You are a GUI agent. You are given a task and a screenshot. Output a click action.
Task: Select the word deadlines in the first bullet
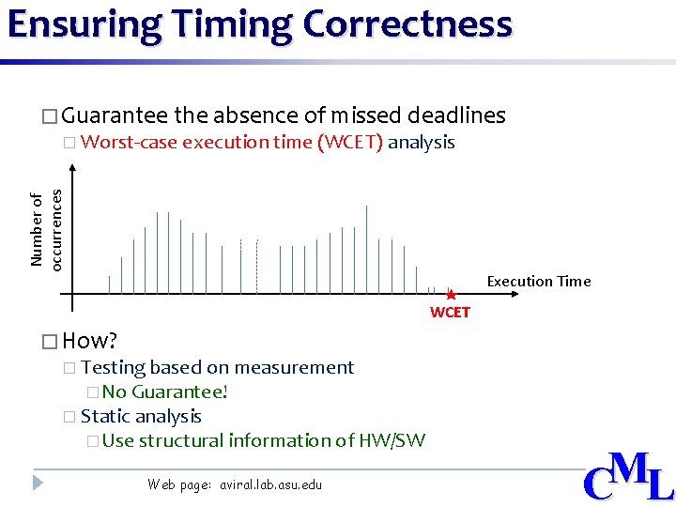[x=457, y=115]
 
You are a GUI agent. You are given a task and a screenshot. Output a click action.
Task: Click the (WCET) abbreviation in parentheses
[x=350, y=143]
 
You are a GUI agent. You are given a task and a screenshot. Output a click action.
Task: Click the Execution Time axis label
[x=538, y=281]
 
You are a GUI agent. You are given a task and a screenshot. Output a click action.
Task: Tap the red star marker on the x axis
[x=451, y=294]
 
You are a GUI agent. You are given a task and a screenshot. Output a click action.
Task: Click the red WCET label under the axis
[x=450, y=313]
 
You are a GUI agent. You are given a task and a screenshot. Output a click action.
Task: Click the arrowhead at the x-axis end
[x=514, y=294]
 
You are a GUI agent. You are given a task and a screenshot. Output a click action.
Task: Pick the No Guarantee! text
[x=165, y=392]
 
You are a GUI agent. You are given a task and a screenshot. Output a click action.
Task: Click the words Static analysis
[x=141, y=416]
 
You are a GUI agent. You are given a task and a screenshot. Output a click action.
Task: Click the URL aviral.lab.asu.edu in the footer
[x=270, y=484]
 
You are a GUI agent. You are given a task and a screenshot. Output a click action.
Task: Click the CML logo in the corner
[x=628, y=477]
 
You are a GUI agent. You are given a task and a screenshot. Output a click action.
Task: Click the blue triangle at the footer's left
[x=38, y=483]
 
